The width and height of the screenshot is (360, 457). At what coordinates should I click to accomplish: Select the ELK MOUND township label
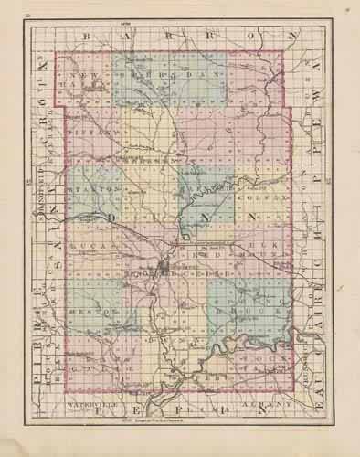coord(253,249)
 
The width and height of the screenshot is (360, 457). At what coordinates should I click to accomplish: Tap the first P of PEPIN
coord(100,413)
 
